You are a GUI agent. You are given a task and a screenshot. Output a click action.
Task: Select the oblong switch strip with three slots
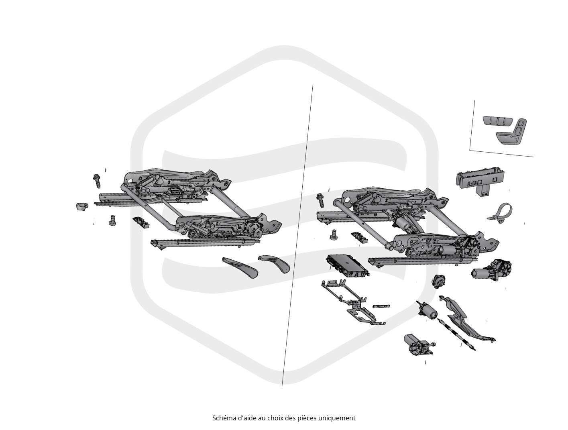[x=497, y=120]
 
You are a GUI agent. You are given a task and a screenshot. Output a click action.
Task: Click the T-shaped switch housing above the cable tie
[x=480, y=182]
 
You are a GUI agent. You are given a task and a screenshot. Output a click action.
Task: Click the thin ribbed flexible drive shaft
[x=456, y=335]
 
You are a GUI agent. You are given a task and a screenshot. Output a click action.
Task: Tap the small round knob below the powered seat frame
[x=439, y=281]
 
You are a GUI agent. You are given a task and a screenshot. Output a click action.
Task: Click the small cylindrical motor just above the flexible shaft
[x=427, y=310]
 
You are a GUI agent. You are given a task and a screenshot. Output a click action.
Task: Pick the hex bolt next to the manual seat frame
[x=97, y=181]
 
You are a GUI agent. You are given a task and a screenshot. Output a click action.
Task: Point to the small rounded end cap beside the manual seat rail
[x=82, y=206]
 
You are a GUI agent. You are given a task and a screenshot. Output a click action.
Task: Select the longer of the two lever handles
[x=240, y=267]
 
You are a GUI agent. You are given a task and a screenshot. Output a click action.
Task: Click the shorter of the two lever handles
[x=275, y=263]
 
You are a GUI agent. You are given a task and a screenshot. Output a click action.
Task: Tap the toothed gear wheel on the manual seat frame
[x=252, y=227]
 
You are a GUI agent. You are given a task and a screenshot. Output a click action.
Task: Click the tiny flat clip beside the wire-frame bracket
[x=381, y=306]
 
